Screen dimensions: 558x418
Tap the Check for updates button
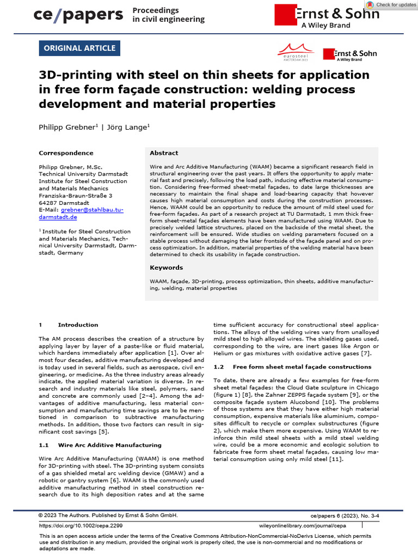tap(391, 5)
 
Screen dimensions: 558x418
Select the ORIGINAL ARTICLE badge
tap(79, 48)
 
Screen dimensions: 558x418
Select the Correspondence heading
tap(66, 153)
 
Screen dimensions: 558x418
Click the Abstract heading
tap(164, 153)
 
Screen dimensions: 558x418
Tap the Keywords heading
tap(166, 268)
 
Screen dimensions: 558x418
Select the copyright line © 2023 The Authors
tap(108, 515)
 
